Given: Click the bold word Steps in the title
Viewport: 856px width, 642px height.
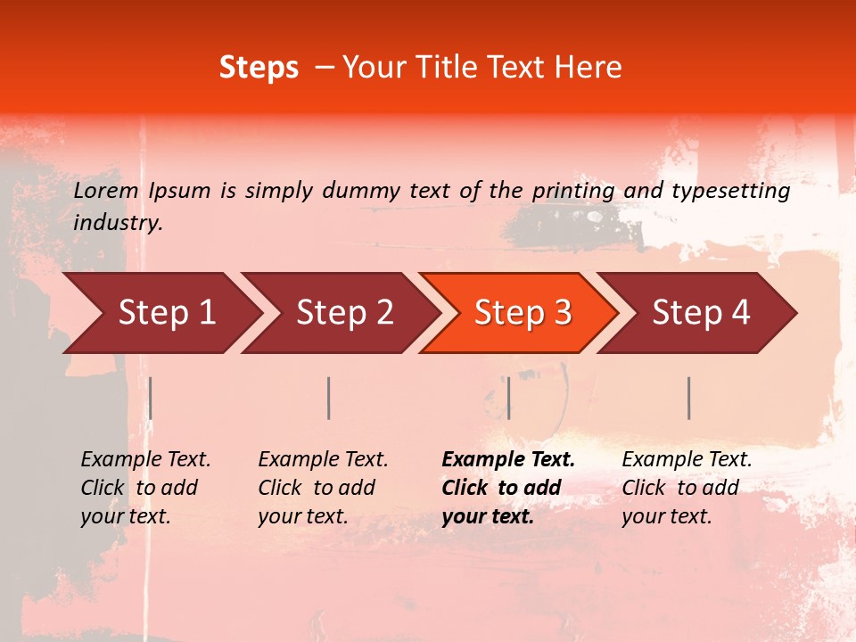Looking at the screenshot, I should coord(259,68).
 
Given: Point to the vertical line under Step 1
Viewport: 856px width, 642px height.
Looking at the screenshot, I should coord(151,398).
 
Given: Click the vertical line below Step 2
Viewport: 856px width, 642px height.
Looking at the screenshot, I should coord(329,398).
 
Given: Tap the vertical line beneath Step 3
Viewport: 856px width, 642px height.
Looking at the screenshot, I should coord(508,398).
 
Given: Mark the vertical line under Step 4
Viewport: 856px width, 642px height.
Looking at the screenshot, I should coord(689,398).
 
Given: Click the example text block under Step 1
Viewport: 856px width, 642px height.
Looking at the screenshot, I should coord(145,488).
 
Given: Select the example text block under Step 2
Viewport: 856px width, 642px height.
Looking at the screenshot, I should coord(323,488).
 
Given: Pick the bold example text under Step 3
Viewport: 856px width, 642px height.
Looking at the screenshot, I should coord(508,488).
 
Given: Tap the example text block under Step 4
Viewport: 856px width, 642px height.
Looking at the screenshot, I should coord(687,488).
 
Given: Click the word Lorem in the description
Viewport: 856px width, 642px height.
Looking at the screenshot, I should coord(106,190).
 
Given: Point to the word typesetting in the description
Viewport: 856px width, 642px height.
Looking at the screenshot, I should coord(730,191).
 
